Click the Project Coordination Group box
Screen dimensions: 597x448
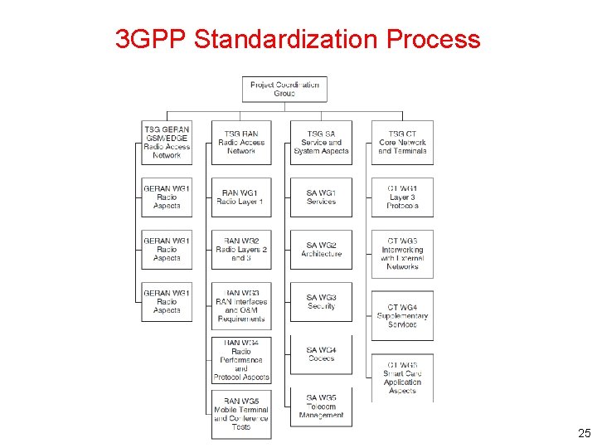284,89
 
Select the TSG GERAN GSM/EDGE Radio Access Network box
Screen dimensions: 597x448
167,143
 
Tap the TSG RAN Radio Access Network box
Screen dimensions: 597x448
241,143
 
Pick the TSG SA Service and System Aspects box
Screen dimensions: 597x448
321,143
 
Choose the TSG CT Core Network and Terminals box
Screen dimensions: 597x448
402,143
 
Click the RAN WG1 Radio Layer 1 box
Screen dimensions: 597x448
240,197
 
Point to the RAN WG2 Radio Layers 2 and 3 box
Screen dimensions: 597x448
241,250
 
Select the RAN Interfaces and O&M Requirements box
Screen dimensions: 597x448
241,305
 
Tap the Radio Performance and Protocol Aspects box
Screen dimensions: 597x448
241,360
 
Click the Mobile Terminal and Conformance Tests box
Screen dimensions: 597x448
241,414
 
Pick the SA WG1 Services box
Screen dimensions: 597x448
321,197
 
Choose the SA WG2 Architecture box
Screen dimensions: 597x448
321,250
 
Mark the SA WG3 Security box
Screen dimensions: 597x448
321,302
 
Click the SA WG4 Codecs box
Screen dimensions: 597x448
321,354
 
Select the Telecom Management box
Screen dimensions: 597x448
321,407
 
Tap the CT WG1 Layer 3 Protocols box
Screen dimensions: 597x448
402,197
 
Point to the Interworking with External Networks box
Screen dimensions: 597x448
402,254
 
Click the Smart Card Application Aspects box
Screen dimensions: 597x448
402,378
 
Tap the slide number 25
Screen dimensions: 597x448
584,433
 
